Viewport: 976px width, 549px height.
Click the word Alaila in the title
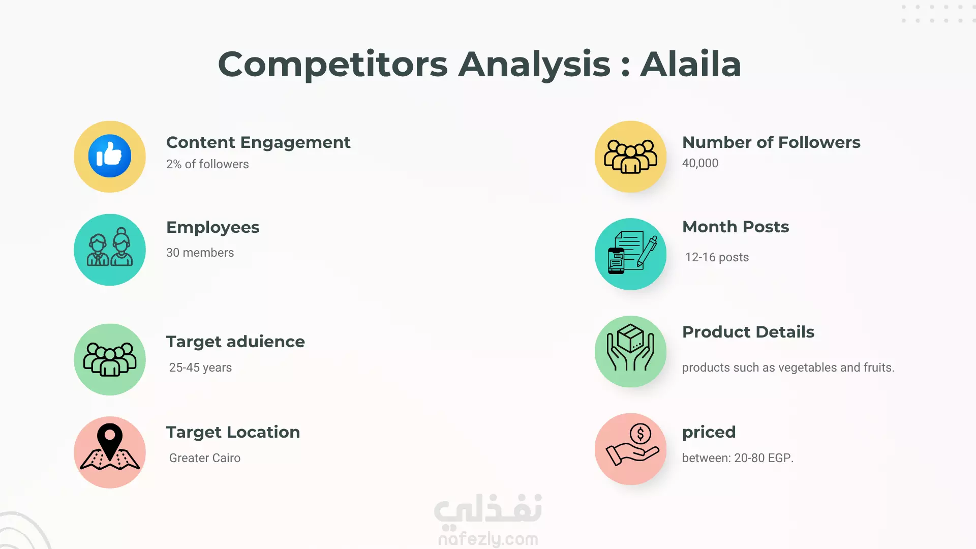tap(690, 65)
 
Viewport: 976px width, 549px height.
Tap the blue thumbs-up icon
tap(110, 156)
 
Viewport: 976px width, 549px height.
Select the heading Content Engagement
tap(258, 142)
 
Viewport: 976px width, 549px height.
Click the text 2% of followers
tap(207, 164)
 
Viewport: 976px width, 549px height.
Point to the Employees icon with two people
tap(110, 247)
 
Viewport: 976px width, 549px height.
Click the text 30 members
tap(200, 253)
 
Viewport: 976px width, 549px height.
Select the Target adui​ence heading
tap(235, 342)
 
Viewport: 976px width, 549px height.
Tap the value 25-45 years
tap(200, 368)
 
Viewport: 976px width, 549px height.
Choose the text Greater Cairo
tap(204, 458)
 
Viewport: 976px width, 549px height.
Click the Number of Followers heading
tap(771, 142)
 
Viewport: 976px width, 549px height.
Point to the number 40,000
tap(700, 163)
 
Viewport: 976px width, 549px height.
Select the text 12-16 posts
tap(717, 257)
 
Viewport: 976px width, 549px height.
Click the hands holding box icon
tap(630, 348)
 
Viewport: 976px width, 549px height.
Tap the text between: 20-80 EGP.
tap(738, 458)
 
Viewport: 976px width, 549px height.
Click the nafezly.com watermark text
tap(488, 539)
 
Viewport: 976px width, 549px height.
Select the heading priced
tap(709, 433)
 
